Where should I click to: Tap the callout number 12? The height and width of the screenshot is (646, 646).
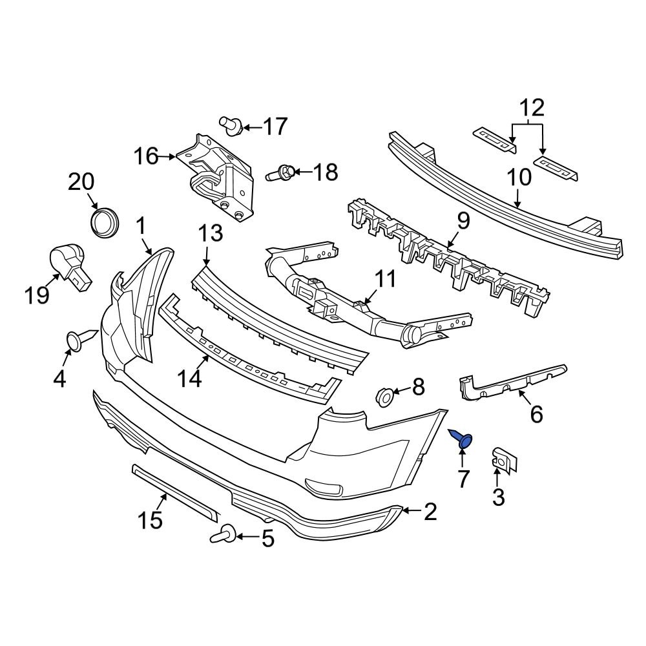[528, 107]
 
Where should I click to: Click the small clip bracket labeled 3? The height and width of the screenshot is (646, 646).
[501, 459]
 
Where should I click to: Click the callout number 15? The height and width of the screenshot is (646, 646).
[150, 519]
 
